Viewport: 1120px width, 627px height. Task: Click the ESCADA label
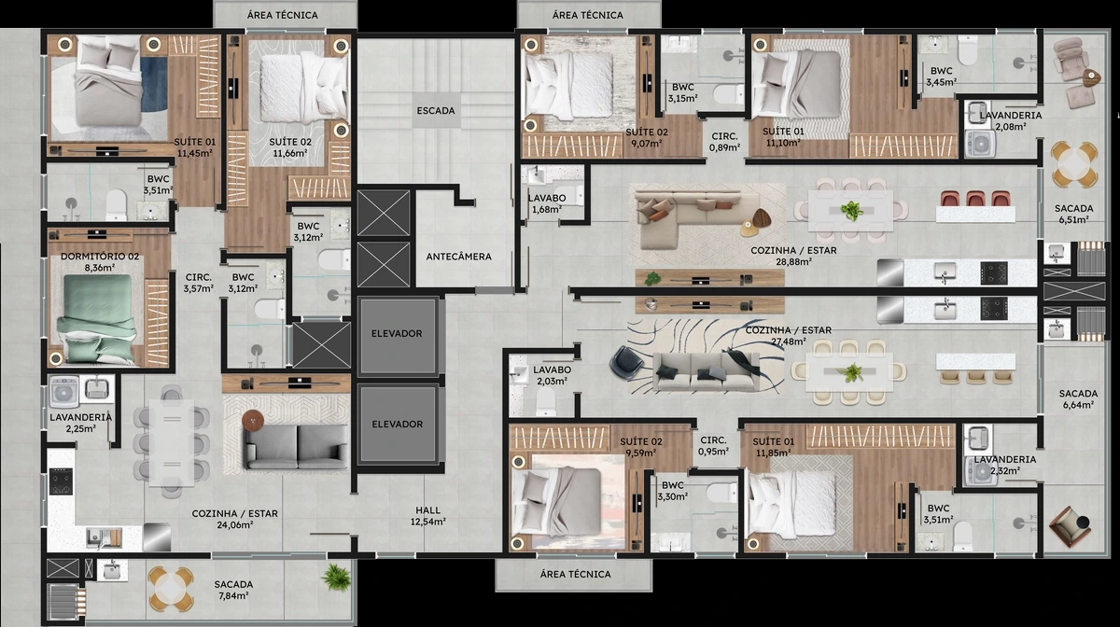(436, 110)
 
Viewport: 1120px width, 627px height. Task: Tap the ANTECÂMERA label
(458, 257)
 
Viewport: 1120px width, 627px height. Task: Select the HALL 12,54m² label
(428, 516)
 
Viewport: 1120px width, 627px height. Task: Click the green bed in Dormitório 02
(96, 318)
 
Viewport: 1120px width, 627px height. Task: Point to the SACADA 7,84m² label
(233, 590)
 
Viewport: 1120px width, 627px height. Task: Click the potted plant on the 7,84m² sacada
(335, 578)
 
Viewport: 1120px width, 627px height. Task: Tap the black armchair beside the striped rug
(626, 363)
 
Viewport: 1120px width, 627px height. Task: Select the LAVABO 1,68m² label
(547, 204)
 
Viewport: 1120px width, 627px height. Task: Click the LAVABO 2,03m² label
(552, 375)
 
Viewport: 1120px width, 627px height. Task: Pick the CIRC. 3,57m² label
(199, 283)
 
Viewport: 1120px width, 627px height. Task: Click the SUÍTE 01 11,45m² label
(194, 147)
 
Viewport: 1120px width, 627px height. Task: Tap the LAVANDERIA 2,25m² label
(81, 423)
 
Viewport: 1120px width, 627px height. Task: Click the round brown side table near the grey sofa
(253, 421)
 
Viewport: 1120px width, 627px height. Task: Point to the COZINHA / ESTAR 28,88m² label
(793, 256)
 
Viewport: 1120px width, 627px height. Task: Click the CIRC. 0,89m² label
(724, 142)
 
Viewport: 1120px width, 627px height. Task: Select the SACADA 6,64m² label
(1078, 399)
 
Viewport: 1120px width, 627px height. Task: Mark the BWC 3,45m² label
(942, 77)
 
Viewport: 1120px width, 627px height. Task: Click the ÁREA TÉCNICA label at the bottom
(575, 574)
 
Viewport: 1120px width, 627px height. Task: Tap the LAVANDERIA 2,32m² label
(1005, 465)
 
